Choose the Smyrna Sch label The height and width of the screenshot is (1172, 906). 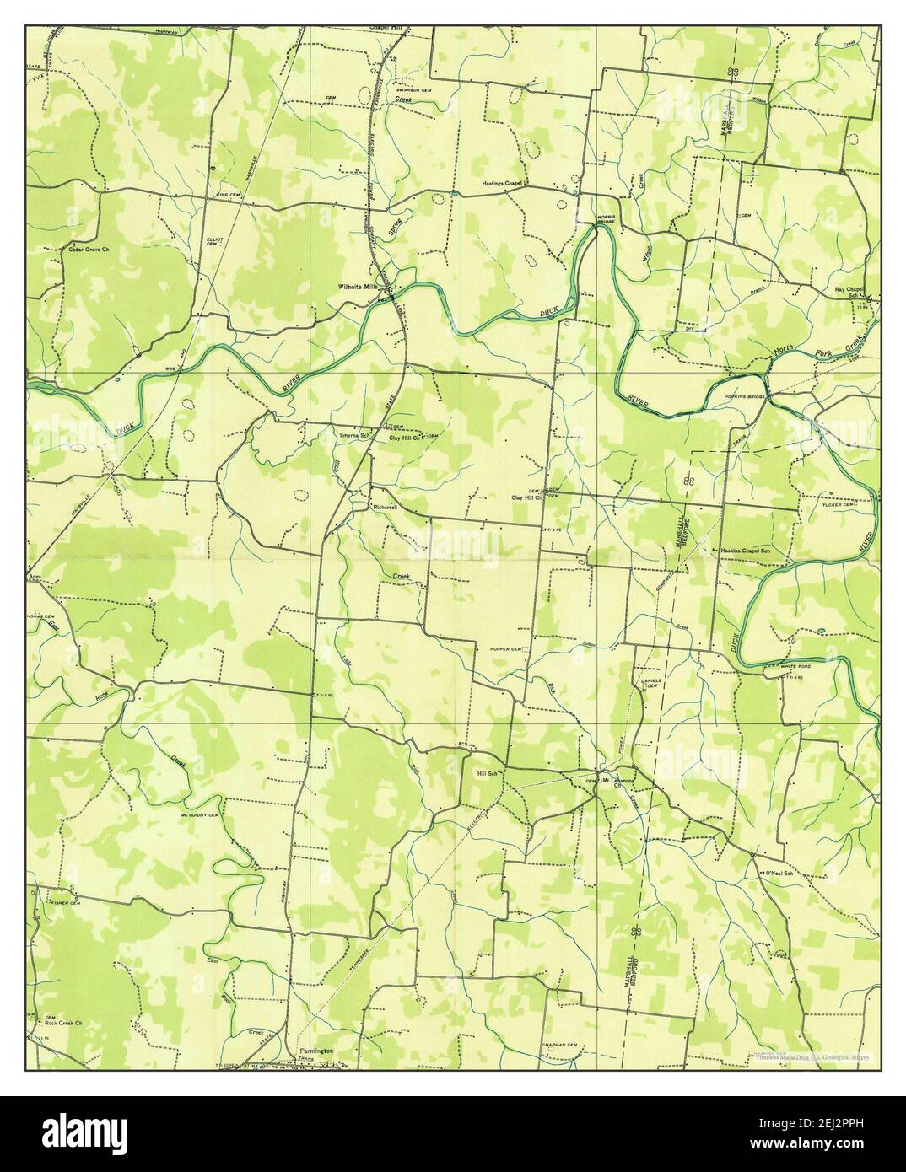[x=354, y=437]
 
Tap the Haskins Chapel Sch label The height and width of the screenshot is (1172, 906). [x=745, y=551]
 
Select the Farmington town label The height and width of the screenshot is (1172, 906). [x=317, y=1051]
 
